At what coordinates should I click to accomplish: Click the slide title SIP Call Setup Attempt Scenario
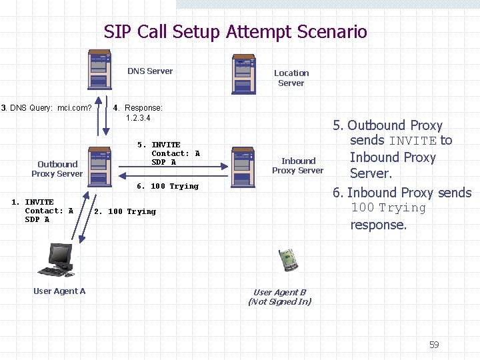point(235,31)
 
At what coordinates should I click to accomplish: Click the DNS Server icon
point(100,69)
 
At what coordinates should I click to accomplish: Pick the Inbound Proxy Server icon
point(242,167)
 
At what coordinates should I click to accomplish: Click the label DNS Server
point(150,71)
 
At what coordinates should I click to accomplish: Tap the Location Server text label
point(291,78)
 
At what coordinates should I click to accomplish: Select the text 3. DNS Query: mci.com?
point(47,107)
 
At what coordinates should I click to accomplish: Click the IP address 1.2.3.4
point(138,118)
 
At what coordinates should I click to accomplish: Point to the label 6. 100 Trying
point(167,186)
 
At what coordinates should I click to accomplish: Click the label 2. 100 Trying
point(125,211)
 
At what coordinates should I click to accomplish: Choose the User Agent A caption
point(59,291)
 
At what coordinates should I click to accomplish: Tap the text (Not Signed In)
point(279,301)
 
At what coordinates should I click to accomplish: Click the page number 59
point(434,345)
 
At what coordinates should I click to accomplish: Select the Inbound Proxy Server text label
point(298,165)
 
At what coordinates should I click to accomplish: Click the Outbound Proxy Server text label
point(57,169)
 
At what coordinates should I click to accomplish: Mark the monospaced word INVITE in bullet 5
point(412,141)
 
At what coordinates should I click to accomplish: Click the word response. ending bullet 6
point(378,225)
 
